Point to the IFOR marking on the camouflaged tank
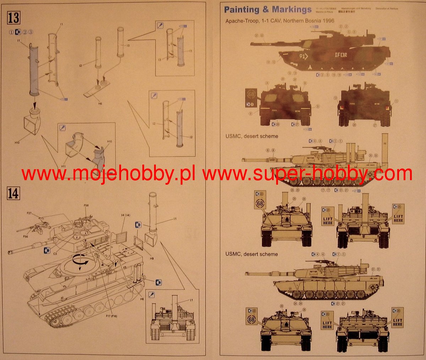342,55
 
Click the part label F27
29,213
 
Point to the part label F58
86,205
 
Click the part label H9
152,259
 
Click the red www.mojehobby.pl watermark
108,174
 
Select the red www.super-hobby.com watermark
307,174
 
